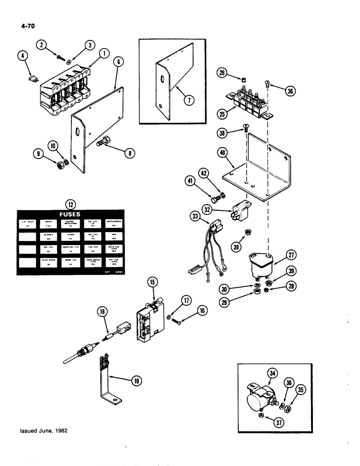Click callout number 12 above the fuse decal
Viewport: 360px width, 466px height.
(70, 203)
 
